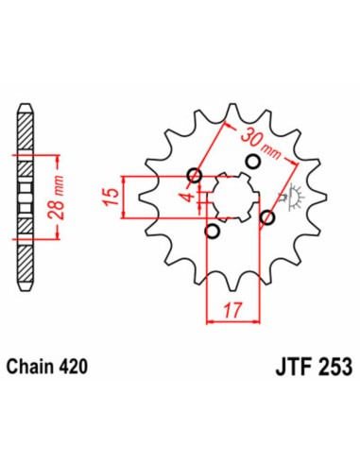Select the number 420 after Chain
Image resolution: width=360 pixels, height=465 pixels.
click(80, 366)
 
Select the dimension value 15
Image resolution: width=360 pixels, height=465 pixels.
click(111, 197)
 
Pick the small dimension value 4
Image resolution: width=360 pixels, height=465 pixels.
click(189, 196)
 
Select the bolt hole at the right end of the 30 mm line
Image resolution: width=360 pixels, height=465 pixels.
click(267, 218)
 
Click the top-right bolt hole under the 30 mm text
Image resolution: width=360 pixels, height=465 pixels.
click(252, 161)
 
